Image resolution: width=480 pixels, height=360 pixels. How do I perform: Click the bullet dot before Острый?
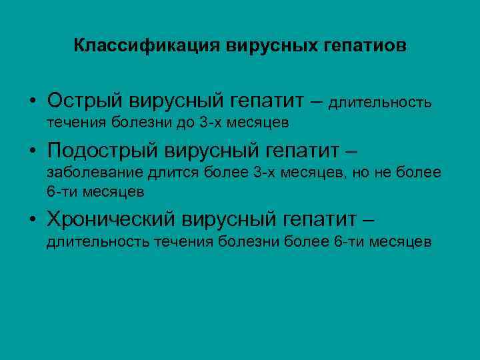click(x=32, y=102)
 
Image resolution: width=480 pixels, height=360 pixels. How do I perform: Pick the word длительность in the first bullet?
click(x=380, y=103)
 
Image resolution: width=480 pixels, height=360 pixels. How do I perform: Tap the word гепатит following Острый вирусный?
click(x=267, y=101)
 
